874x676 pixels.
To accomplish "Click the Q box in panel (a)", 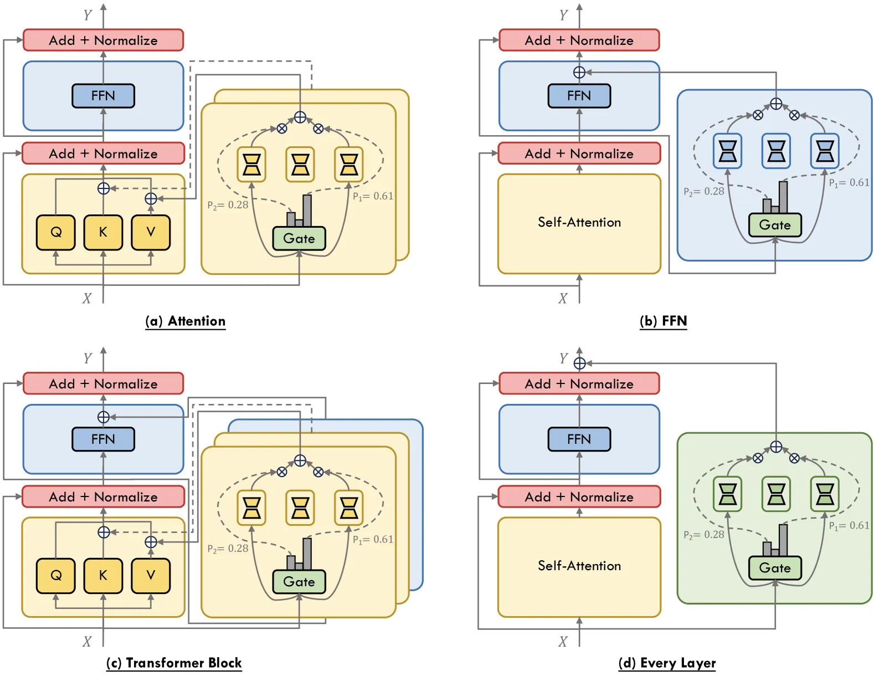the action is tap(55, 232).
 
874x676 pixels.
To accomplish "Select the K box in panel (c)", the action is tap(103, 575).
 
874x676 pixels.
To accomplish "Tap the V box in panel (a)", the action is tap(151, 232).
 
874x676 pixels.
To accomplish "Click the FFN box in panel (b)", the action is tap(579, 96).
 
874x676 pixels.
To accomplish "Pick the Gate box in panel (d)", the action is tap(775, 568).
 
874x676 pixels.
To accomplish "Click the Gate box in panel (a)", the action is tap(299, 238).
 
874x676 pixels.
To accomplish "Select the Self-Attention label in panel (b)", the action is tap(579, 222).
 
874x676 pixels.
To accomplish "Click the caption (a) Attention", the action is tap(186, 321).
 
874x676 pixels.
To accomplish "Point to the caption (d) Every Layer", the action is tap(667, 663).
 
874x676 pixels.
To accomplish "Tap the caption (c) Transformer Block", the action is tap(174, 663).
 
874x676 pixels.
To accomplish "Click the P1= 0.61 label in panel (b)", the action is tap(849, 183).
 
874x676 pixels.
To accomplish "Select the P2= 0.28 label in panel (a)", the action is tap(228, 205).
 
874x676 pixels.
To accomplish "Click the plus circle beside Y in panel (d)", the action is tap(579, 363).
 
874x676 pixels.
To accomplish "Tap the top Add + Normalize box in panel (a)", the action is tap(103, 40).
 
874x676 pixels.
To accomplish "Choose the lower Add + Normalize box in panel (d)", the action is tap(579, 496).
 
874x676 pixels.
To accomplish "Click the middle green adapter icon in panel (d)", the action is tap(776, 494).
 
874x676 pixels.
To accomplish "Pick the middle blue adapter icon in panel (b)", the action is tap(776, 151).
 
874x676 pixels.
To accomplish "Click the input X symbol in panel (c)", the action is tap(87, 642).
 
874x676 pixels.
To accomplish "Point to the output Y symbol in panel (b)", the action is tap(563, 16).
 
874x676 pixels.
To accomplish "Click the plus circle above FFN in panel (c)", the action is tap(104, 417).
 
